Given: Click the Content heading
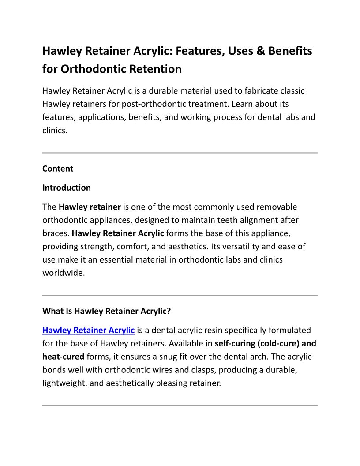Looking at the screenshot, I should [x=58, y=169].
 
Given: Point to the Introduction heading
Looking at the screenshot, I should [x=67, y=188].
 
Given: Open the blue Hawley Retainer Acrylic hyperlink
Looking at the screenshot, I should [x=88, y=330].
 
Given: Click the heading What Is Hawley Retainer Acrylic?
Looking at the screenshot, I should [x=106, y=311].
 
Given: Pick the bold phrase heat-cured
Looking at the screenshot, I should [x=63, y=357].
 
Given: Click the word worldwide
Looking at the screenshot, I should [x=63, y=273].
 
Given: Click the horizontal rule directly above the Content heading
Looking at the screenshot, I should [x=180, y=153].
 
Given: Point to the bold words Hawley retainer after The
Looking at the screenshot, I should [x=90, y=207].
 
